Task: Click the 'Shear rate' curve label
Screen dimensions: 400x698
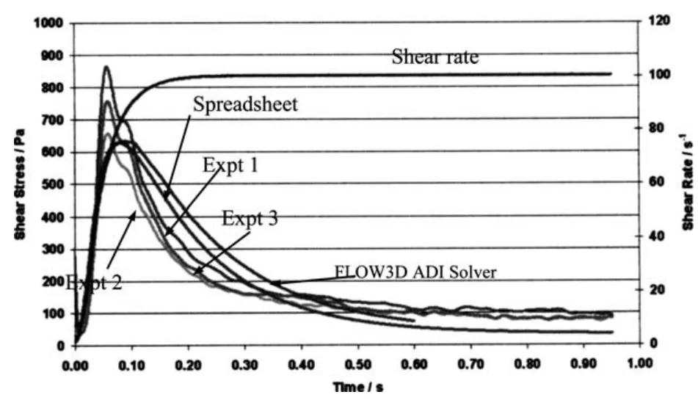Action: (435, 57)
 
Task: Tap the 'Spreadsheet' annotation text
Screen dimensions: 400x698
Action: (245, 104)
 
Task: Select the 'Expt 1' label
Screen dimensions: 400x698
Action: (230, 166)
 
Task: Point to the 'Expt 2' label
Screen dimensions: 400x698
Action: (93, 282)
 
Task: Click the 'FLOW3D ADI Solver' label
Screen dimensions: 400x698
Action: (416, 272)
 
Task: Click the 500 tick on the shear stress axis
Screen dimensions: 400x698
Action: (52, 184)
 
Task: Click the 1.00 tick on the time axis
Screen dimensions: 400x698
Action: (640, 363)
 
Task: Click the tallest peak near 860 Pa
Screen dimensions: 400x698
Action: (106, 68)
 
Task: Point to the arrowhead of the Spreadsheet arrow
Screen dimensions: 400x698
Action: (165, 196)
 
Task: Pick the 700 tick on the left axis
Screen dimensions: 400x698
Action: (52, 120)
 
